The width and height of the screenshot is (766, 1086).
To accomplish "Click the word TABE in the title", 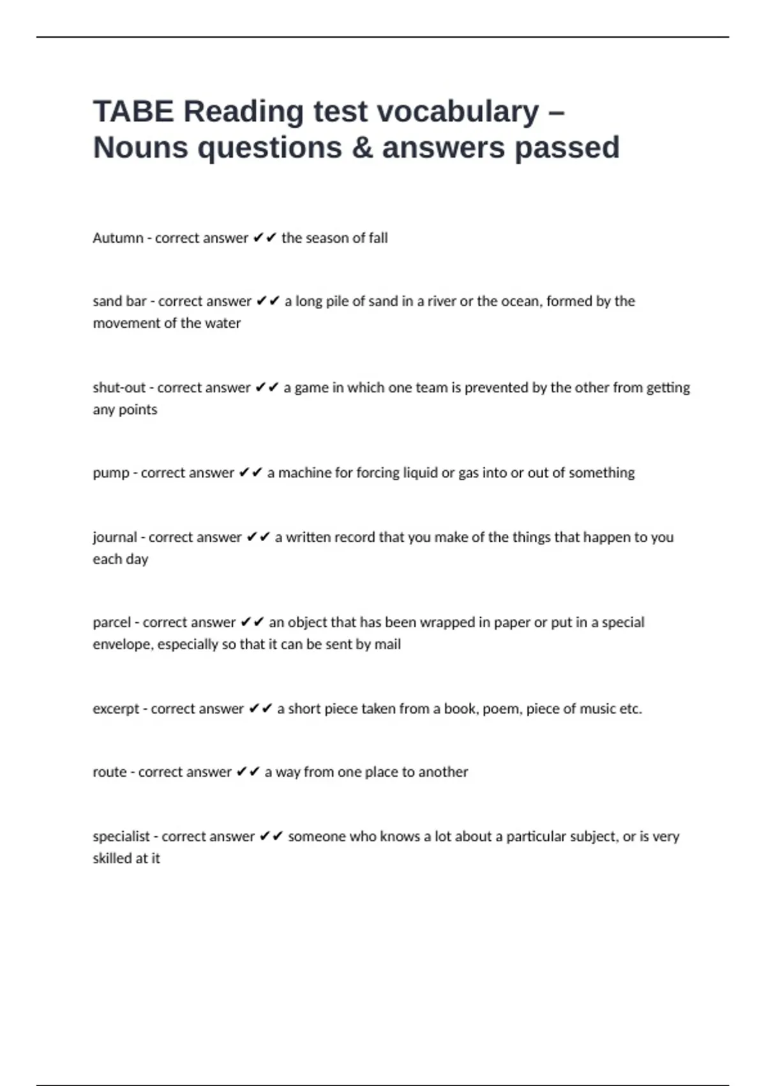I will click(133, 111).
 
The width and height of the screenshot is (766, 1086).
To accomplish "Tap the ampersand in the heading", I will click(362, 148).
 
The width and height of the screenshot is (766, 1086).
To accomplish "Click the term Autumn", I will click(118, 238).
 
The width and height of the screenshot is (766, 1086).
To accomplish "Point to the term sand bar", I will click(120, 302).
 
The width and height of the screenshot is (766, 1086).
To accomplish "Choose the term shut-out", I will click(119, 388).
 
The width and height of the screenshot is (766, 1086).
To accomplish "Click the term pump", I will click(111, 473).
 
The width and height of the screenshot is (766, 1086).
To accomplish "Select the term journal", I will click(115, 537).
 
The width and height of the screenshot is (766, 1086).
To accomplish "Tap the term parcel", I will click(112, 623).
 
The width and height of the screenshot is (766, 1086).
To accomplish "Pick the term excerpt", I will click(116, 709).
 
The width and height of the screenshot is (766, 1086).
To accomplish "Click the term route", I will click(110, 772).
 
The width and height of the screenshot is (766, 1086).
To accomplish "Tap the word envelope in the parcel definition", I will click(123, 645).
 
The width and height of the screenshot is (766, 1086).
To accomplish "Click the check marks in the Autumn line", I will click(265, 238).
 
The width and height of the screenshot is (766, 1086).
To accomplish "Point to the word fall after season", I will click(378, 238).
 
